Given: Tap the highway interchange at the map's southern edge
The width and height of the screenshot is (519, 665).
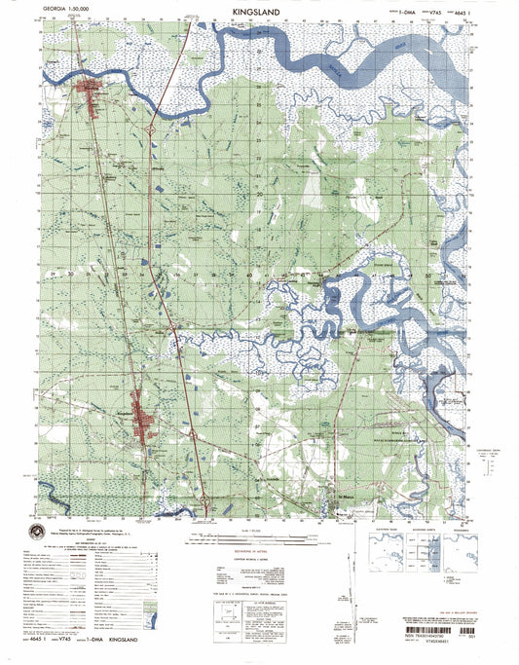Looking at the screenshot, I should tap(206, 502).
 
